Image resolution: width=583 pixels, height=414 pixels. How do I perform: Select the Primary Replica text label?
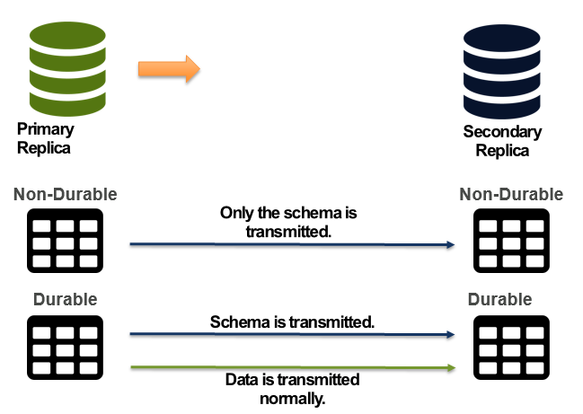(44, 139)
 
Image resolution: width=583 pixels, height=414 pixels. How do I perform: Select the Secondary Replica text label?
(502, 141)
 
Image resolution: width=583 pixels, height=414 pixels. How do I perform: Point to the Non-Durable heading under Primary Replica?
(65, 194)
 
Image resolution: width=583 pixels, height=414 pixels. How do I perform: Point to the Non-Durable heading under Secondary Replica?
(510, 194)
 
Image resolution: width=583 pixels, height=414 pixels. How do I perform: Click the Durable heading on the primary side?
(65, 298)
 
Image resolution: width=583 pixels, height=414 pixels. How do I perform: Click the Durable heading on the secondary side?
(499, 299)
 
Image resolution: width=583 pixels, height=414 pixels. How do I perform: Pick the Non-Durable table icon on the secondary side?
(510, 241)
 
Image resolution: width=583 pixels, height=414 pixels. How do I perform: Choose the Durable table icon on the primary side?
(61, 343)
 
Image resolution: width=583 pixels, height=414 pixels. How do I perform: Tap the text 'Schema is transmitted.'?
(292, 322)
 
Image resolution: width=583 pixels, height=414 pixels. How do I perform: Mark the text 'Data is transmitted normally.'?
(292, 387)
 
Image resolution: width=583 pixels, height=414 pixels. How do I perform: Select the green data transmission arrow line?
(292, 367)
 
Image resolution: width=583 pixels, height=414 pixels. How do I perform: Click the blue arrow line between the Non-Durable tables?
(292, 244)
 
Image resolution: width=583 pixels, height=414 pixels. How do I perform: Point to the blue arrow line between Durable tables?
(292, 336)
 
